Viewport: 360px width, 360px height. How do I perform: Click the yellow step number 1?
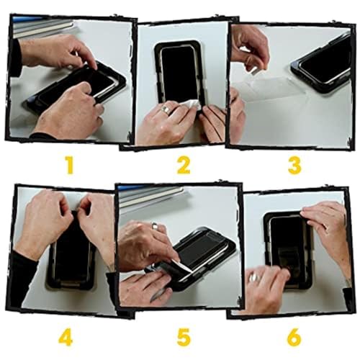[x=70, y=165]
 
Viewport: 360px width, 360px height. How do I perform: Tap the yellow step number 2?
[x=184, y=165]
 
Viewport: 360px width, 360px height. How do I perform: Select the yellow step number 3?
[x=294, y=165]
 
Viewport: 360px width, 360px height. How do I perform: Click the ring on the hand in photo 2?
[x=166, y=109]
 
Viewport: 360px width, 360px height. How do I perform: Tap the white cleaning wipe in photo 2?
[x=192, y=104]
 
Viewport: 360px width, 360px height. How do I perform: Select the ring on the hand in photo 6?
[x=253, y=278]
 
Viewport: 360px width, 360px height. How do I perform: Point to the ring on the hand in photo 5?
[x=155, y=225]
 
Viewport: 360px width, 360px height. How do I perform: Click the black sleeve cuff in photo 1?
[x=16, y=58]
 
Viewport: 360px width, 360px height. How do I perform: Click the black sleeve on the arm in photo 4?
[x=24, y=275]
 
